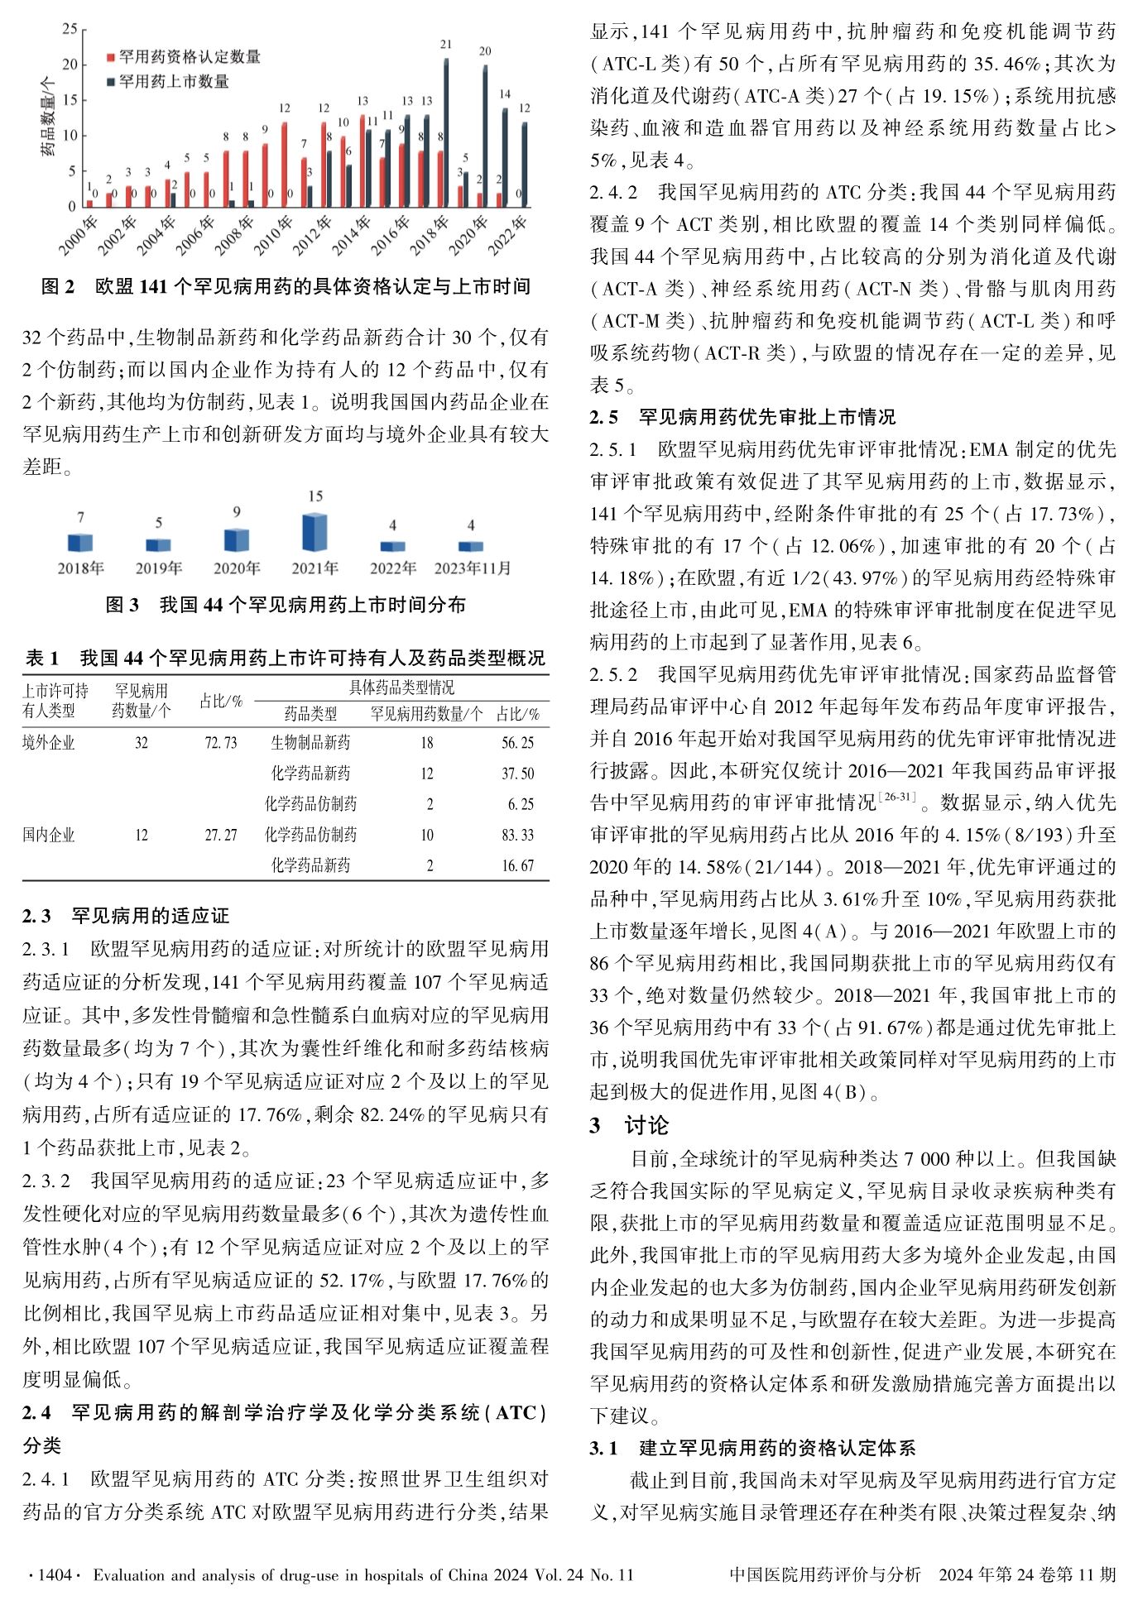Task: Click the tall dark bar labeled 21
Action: click(446, 132)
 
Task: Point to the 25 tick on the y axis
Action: click(70, 30)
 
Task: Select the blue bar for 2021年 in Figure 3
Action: click(315, 533)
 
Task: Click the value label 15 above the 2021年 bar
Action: click(315, 496)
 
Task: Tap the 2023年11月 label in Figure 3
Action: click(472, 568)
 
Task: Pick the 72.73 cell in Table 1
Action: click(221, 743)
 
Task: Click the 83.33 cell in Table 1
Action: click(518, 835)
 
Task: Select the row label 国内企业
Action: click(49, 835)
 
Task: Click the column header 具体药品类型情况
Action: click(401, 688)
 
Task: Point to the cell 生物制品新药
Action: click(310, 743)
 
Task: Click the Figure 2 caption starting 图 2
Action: click(286, 287)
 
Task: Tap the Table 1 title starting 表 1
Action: click(286, 659)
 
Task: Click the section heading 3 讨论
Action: click(629, 1125)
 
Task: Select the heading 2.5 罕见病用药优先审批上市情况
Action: click(742, 417)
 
